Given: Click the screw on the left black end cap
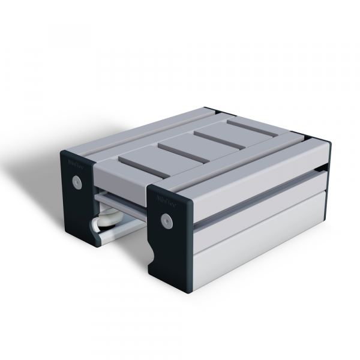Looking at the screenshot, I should coord(76,181).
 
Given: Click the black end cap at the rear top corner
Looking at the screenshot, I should coord(212,111).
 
